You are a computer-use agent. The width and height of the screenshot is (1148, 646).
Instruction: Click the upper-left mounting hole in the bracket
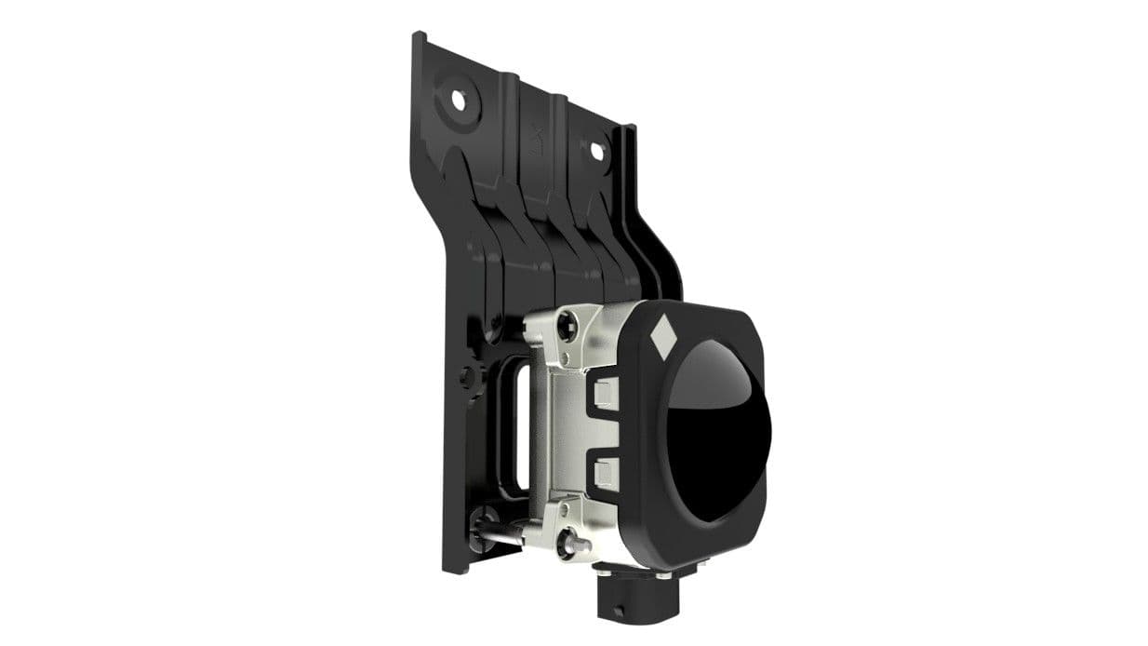[458, 97]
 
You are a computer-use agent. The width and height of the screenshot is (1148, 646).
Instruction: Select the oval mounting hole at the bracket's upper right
[595, 149]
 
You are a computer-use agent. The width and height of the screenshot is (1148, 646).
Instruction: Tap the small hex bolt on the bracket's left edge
[469, 377]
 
